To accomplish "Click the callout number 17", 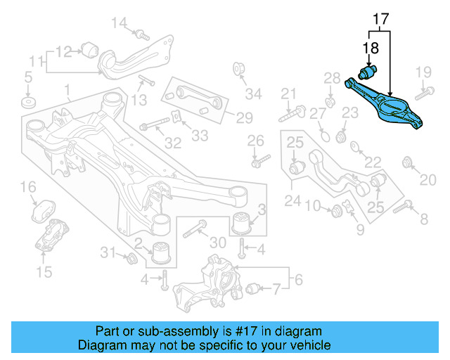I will coord(380,20).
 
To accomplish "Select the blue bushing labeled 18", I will coord(369,72).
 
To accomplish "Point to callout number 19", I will coord(423,73).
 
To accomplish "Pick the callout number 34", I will coord(253,94).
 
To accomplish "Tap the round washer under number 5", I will coord(28,103).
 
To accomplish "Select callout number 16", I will coord(28,186).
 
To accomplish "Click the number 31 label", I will coord(108,252).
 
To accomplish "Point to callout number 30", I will coord(219,243).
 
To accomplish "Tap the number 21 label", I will coord(290,94).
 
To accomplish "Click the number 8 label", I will coord(423,220).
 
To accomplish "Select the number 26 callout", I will coord(255,140).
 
